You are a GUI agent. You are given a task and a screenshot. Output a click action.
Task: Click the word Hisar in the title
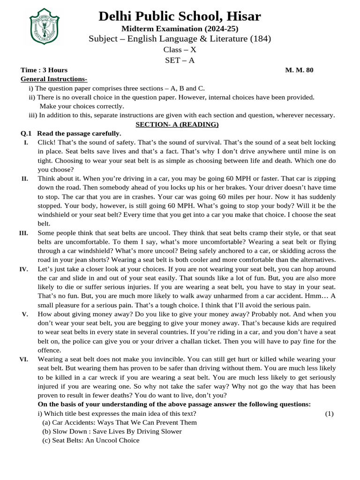(x=241, y=16)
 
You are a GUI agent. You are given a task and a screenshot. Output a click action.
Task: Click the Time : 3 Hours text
(x=41, y=70)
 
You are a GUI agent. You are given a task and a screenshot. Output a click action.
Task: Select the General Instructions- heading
(x=54, y=79)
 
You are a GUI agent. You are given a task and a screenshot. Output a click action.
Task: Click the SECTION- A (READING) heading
(x=177, y=124)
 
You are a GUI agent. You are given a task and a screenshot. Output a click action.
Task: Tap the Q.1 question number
(x=27, y=134)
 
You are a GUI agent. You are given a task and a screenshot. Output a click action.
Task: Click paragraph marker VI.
(x=23, y=359)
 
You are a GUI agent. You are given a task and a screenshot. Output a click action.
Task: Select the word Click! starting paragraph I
(x=47, y=142)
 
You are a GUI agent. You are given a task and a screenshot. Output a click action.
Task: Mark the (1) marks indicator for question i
(x=329, y=413)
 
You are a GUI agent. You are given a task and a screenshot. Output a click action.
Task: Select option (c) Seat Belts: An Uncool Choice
(x=91, y=440)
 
